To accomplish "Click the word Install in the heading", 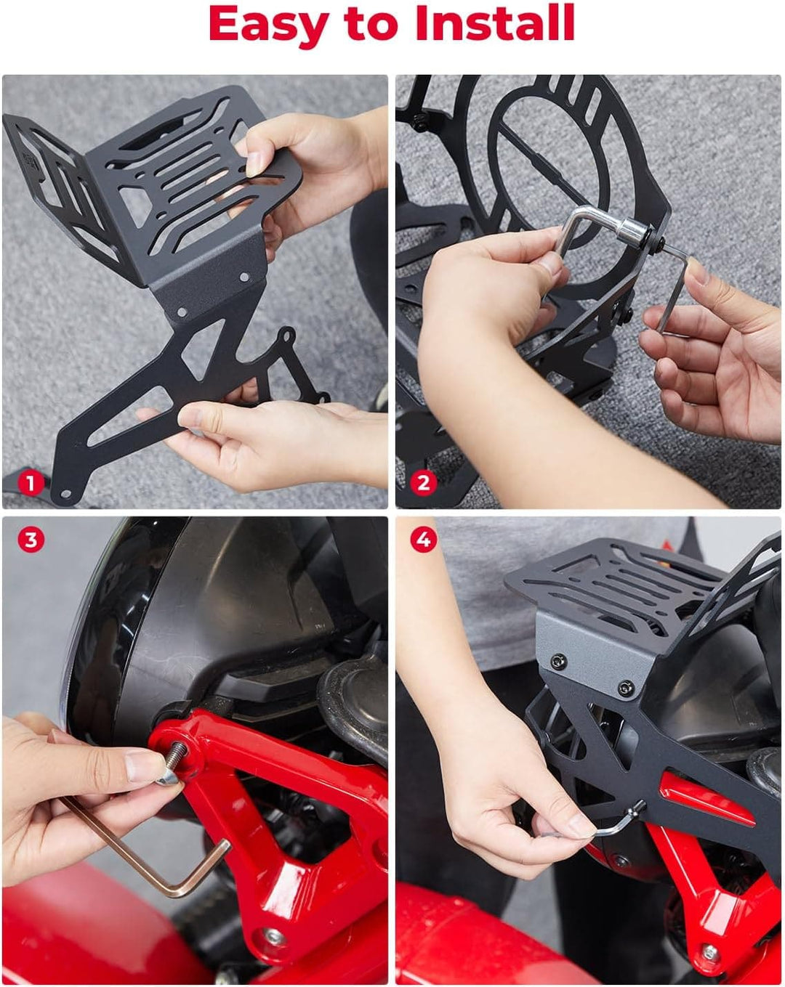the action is [x=495, y=23].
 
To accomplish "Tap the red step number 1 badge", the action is [x=31, y=484].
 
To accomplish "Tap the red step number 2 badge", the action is [x=423, y=483].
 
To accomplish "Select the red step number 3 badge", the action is [x=31, y=540].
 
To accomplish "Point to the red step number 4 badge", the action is [x=423, y=540].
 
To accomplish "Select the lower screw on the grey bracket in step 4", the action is [x=624, y=689].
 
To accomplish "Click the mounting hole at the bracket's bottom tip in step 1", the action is [x=66, y=495].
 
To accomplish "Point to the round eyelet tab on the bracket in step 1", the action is [x=288, y=336].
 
